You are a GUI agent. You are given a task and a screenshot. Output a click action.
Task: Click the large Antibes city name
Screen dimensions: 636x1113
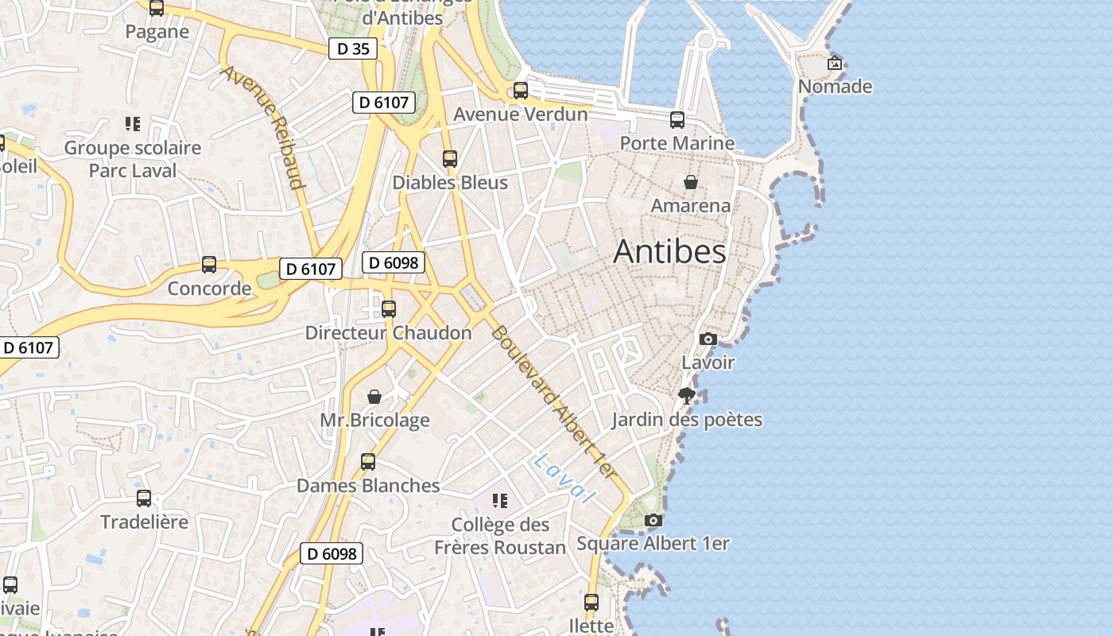click(669, 252)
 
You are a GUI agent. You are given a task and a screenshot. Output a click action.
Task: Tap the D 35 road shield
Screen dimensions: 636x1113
click(353, 48)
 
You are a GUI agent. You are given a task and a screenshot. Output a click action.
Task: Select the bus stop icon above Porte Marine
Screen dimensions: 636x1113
click(677, 120)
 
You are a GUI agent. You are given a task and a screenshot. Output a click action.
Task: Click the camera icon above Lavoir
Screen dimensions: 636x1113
click(708, 339)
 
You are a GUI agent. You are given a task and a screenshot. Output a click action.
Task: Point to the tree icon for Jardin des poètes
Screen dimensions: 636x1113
click(687, 395)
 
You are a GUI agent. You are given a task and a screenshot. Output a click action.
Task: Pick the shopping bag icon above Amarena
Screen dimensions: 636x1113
click(691, 182)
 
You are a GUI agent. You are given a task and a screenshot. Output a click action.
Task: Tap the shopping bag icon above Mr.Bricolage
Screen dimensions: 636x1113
click(374, 396)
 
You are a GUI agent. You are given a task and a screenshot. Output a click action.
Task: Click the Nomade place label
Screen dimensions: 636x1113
click(835, 86)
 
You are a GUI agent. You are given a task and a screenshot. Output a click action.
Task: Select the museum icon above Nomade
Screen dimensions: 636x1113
click(835, 63)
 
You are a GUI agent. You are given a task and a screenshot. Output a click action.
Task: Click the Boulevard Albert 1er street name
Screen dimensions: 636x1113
click(553, 401)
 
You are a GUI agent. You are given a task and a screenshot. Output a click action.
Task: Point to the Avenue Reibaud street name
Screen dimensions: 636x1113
click(264, 127)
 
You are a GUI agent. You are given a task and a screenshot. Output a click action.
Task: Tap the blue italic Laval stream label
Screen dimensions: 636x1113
click(564, 478)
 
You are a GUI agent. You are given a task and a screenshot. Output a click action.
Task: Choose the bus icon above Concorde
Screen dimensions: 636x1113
click(209, 265)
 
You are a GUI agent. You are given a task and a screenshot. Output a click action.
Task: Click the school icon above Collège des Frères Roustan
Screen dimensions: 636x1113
click(499, 501)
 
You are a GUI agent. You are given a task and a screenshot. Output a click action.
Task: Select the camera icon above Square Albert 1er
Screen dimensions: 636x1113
click(653, 521)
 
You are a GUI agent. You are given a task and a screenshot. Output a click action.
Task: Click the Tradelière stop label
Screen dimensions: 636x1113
click(144, 522)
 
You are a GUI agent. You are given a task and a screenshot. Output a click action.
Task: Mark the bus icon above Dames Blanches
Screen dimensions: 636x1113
click(368, 462)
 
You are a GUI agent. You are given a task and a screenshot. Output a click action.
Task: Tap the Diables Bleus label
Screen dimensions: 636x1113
click(450, 182)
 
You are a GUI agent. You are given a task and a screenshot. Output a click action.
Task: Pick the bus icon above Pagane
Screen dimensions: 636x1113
click(157, 9)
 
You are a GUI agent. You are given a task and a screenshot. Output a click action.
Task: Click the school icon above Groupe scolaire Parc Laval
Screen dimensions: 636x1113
click(133, 124)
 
